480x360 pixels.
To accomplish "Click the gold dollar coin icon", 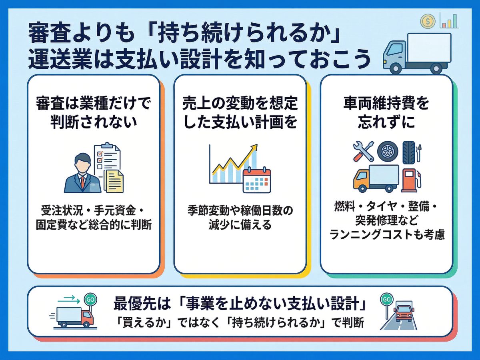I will click(428, 21).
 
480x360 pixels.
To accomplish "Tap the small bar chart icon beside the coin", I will click(448, 20).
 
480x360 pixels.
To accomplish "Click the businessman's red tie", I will click(82, 182).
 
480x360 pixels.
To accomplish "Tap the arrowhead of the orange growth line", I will click(254, 148).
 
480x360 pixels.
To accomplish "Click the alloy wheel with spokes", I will click(388, 151).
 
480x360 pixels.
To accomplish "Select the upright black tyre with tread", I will click(408, 151).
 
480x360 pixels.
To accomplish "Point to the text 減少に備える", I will click(240, 225).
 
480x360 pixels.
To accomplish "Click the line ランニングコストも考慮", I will click(387, 235).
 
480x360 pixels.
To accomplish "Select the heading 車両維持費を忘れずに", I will click(386, 113).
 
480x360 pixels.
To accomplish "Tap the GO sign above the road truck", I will click(386, 299).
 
